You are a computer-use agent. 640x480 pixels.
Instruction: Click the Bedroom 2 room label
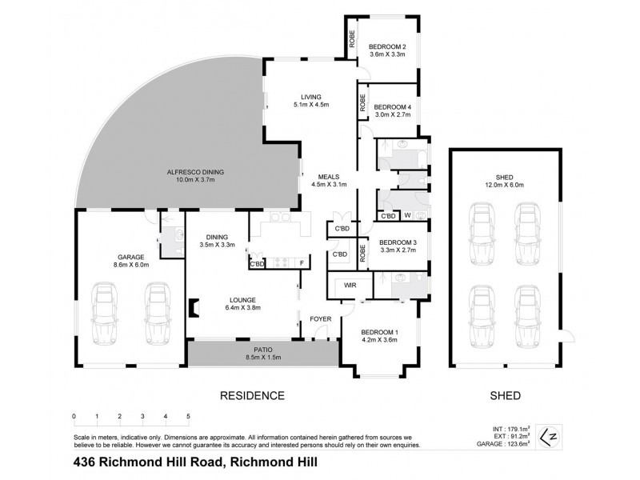coord(387,52)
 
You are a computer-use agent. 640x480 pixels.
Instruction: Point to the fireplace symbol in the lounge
coord(192,308)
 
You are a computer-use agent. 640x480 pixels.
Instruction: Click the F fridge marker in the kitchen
coord(302,263)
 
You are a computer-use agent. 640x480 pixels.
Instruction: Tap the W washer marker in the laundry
coord(407,215)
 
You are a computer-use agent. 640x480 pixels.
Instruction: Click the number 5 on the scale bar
coord(188,417)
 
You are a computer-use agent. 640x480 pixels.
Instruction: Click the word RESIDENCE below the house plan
coord(252,395)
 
